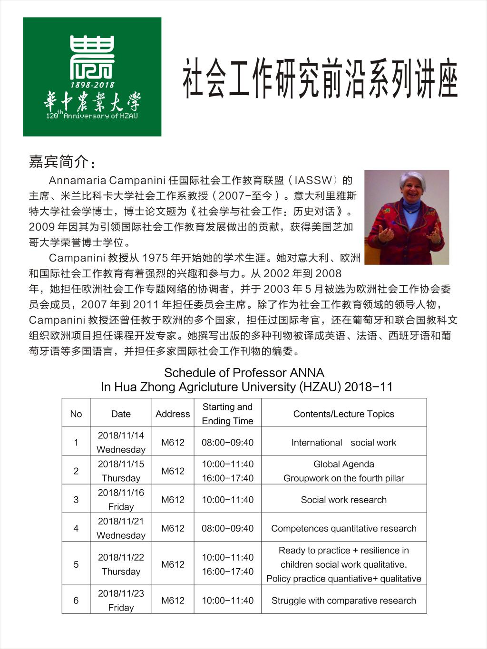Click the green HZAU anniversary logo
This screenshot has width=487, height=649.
tap(92, 77)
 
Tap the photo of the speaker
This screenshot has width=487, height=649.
tap(407, 217)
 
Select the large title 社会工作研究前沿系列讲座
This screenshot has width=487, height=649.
tap(321, 79)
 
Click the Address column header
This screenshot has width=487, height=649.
tap(173, 414)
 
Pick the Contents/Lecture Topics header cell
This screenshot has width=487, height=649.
tap(343, 414)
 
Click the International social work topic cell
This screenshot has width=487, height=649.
tap(343, 443)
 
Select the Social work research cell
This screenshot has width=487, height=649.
tap(343, 500)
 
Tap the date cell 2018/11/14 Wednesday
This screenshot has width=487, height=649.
tap(121, 442)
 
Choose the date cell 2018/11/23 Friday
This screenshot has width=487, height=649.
tap(121, 600)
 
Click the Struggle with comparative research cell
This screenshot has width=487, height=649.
tap(343, 601)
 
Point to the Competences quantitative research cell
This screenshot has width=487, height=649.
tap(343, 528)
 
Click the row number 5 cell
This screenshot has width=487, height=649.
tap(76, 564)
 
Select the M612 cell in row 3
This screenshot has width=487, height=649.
tap(173, 500)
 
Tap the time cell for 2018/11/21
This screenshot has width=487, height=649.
tap(227, 528)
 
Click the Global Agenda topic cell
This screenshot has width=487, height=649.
tap(343, 471)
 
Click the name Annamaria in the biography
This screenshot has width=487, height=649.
tap(78, 180)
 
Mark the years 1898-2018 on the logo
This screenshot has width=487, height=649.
tap(92, 85)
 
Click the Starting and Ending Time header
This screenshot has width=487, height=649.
tap(227, 414)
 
